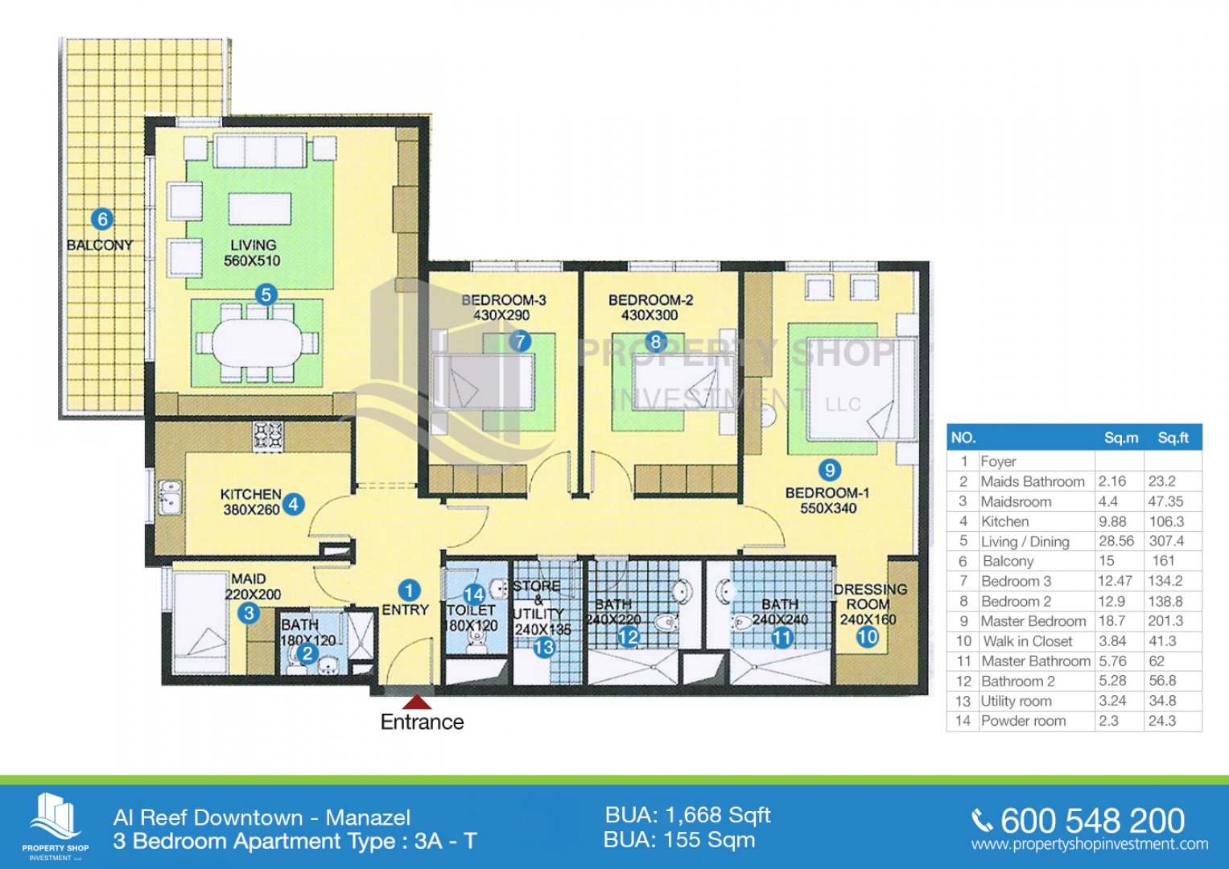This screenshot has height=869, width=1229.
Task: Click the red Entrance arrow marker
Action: click(x=418, y=702)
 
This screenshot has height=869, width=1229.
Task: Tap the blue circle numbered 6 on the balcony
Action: click(x=102, y=220)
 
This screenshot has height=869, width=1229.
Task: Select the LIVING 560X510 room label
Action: click(x=253, y=253)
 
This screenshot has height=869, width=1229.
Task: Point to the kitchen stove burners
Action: click(x=268, y=436)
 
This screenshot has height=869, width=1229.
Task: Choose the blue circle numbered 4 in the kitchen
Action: click(x=294, y=505)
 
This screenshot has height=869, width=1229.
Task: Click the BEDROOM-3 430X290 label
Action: click(x=503, y=307)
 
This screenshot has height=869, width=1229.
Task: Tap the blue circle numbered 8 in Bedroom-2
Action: click(x=656, y=342)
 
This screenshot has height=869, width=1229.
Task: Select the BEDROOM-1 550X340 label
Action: click(x=828, y=500)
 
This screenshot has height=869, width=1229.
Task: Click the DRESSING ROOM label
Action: click(x=870, y=596)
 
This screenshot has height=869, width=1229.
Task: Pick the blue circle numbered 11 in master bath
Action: click(x=782, y=637)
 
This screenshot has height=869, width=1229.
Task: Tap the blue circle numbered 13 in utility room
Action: click(x=544, y=648)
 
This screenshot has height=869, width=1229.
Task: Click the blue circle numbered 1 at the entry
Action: click(x=408, y=591)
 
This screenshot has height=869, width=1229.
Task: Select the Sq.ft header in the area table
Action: click(x=1173, y=438)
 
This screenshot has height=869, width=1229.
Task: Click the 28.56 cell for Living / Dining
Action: click(x=1116, y=541)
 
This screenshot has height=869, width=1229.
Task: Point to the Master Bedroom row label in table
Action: click(x=1033, y=621)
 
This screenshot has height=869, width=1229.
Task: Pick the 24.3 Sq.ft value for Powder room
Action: click(x=1162, y=721)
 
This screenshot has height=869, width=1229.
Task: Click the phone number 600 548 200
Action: click(x=1093, y=821)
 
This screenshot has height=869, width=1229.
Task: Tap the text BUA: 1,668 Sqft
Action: click(x=688, y=816)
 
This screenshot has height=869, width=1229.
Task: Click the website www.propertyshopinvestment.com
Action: click(x=1090, y=844)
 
